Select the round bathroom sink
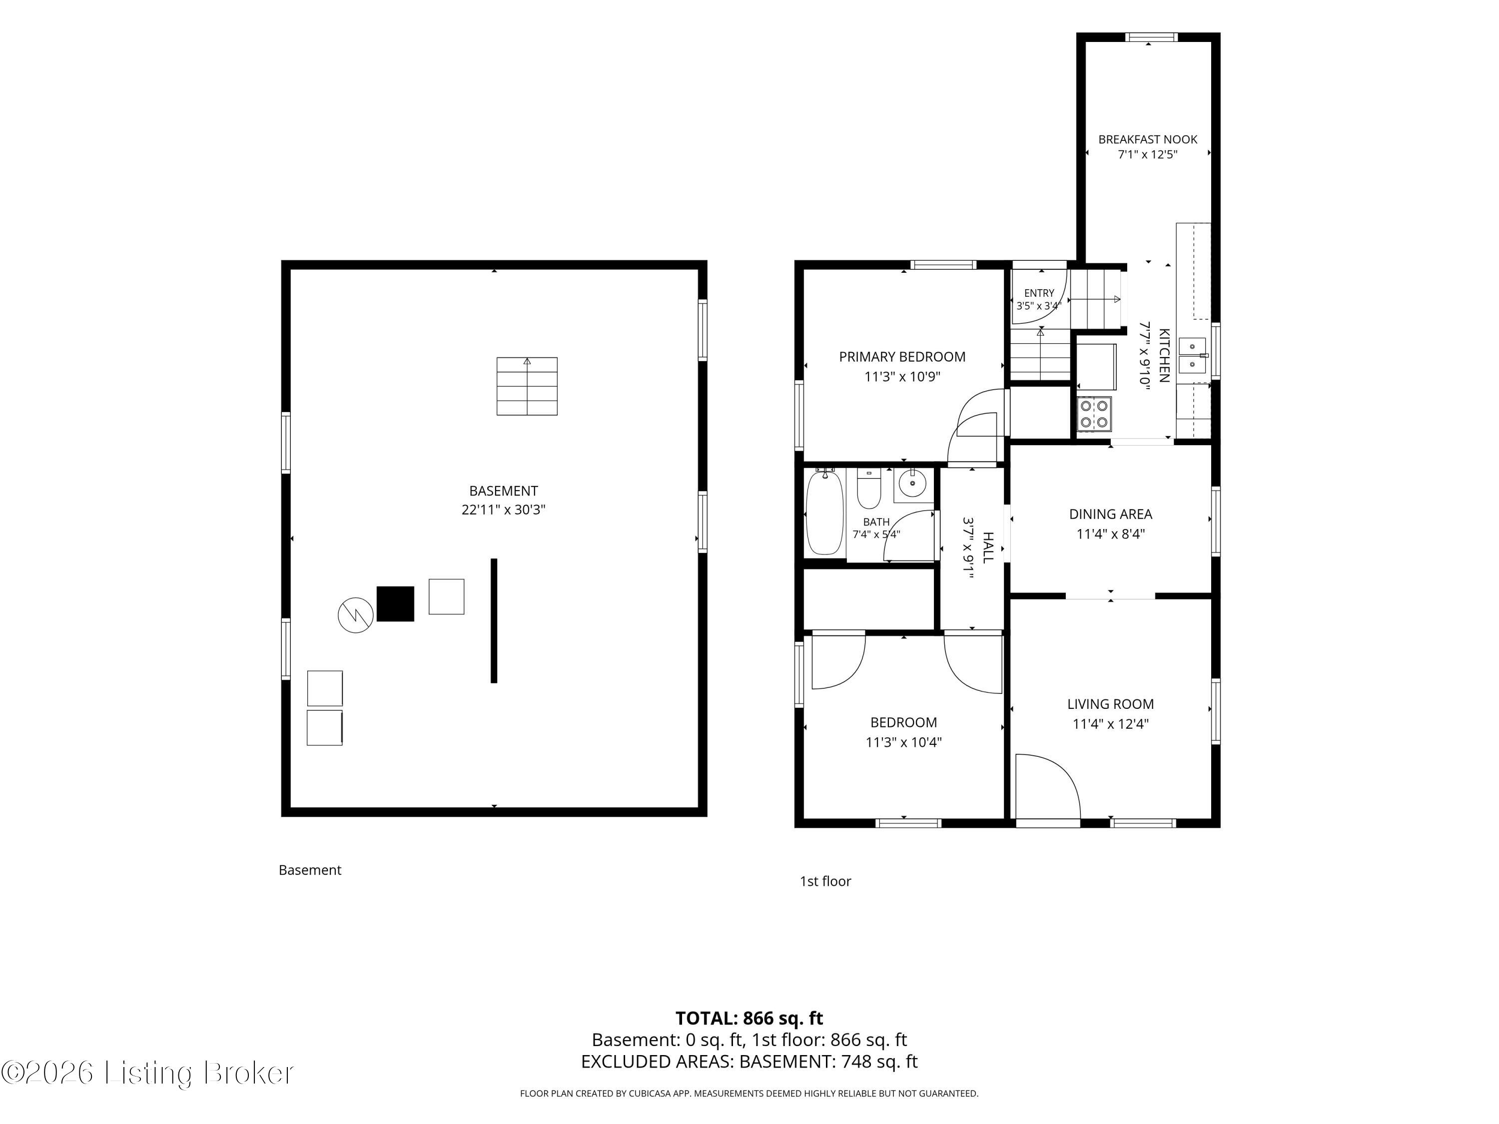point(913,484)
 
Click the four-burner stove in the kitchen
point(1094,414)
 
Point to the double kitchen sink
point(1193,356)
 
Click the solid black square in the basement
point(395,603)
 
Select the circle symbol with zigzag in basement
point(356,615)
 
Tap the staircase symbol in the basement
point(527,386)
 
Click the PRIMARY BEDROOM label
point(902,356)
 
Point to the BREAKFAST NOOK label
point(1147,139)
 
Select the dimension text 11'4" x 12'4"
point(1110,723)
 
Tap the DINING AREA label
point(1110,514)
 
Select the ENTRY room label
point(1039,293)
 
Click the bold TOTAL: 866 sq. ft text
point(749,1018)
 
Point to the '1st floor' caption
point(825,881)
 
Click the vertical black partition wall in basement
point(494,620)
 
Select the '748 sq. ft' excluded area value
point(879,1062)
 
